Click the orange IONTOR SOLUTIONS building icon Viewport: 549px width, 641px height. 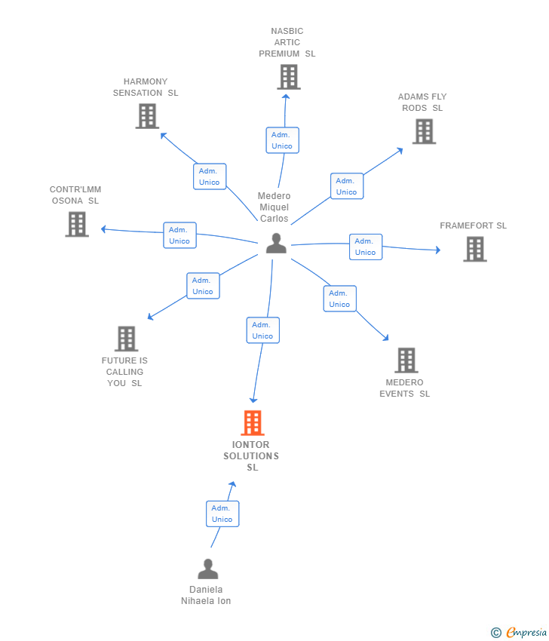pyautogui.click(x=253, y=423)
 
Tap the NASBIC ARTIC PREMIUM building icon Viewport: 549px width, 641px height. pyautogui.click(x=288, y=77)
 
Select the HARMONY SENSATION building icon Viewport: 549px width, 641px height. pyautogui.click(x=147, y=116)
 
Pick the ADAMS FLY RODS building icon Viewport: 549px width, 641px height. pyautogui.click(x=424, y=131)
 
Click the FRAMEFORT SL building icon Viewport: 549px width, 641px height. pyautogui.click(x=474, y=249)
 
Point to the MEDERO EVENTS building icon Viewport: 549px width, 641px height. pyautogui.click(x=406, y=360)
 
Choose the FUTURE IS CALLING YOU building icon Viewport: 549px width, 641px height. pyautogui.click(x=126, y=339)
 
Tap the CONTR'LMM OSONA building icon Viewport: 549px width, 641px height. pyautogui.click(x=76, y=224)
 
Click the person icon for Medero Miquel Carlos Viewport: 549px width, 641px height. pyautogui.click(x=276, y=244)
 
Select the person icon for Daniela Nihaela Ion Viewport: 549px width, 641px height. pyautogui.click(x=207, y=569)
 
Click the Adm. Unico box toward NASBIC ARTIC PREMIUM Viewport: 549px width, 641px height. pyautogui.click(x=282, y=140)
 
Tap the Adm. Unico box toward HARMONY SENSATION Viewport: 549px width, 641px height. pyautogui.click(x=209, y=176)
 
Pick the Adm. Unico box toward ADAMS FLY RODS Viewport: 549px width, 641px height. pyautogui.click(x=346, y=186)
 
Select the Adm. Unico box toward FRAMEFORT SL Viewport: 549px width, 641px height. pyautogui.click(x=365, y=247)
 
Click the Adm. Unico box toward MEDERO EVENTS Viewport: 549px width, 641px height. pyautogui.click(x=339, y=299)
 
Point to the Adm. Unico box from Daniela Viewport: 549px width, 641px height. pyautogui.click(x=222, y=514)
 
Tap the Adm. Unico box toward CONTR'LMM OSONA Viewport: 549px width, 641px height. pyautogui.click(x=179, y=235)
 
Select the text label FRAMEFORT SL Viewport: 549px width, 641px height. pyautogui.click(x=473, y=225)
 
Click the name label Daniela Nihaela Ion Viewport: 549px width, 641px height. pyautogui.click(x=206, y=595)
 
